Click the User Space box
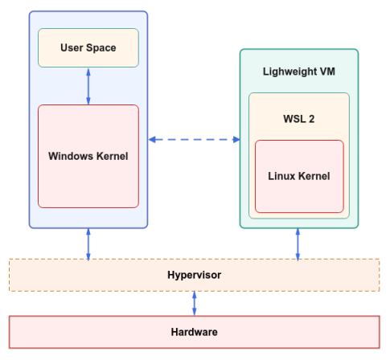click(x=88, y=48)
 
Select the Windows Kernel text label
click(x=88, y=155)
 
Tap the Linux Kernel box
click(x=299, y=176)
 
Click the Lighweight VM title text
click(x=298, y=71)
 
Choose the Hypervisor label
click(x=194, y=275)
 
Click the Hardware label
click(x=194, y=331)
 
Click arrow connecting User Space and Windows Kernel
click(x=88, y=86)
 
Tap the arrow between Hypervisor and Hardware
click(x=194, y=303)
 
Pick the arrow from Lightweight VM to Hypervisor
click(x=298, y=243)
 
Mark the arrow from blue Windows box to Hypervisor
click(x=88, y=243)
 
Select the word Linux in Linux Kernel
click(x=281, y=176)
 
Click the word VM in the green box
click(x=326, y=71)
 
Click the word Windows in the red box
click(x=70, y=155)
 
